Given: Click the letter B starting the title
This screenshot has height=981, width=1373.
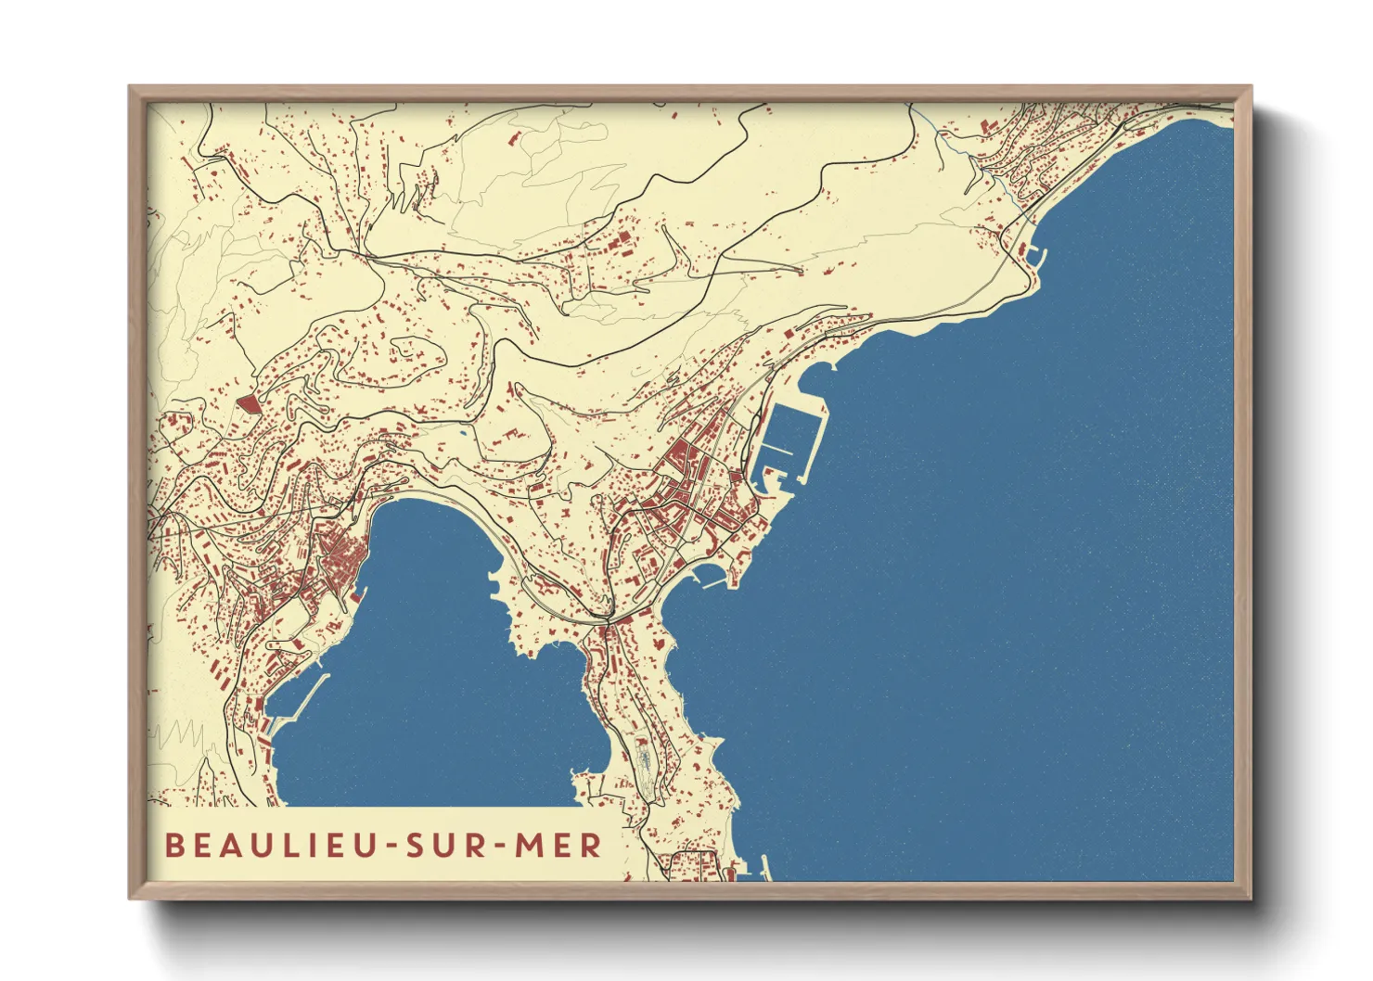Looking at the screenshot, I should click(173, 846).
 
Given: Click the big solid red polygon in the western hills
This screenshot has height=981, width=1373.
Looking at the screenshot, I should click(248, 403).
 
